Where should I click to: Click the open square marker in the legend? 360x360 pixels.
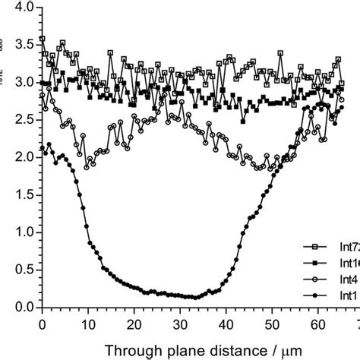pyautogui.click(x=311, y=247)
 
